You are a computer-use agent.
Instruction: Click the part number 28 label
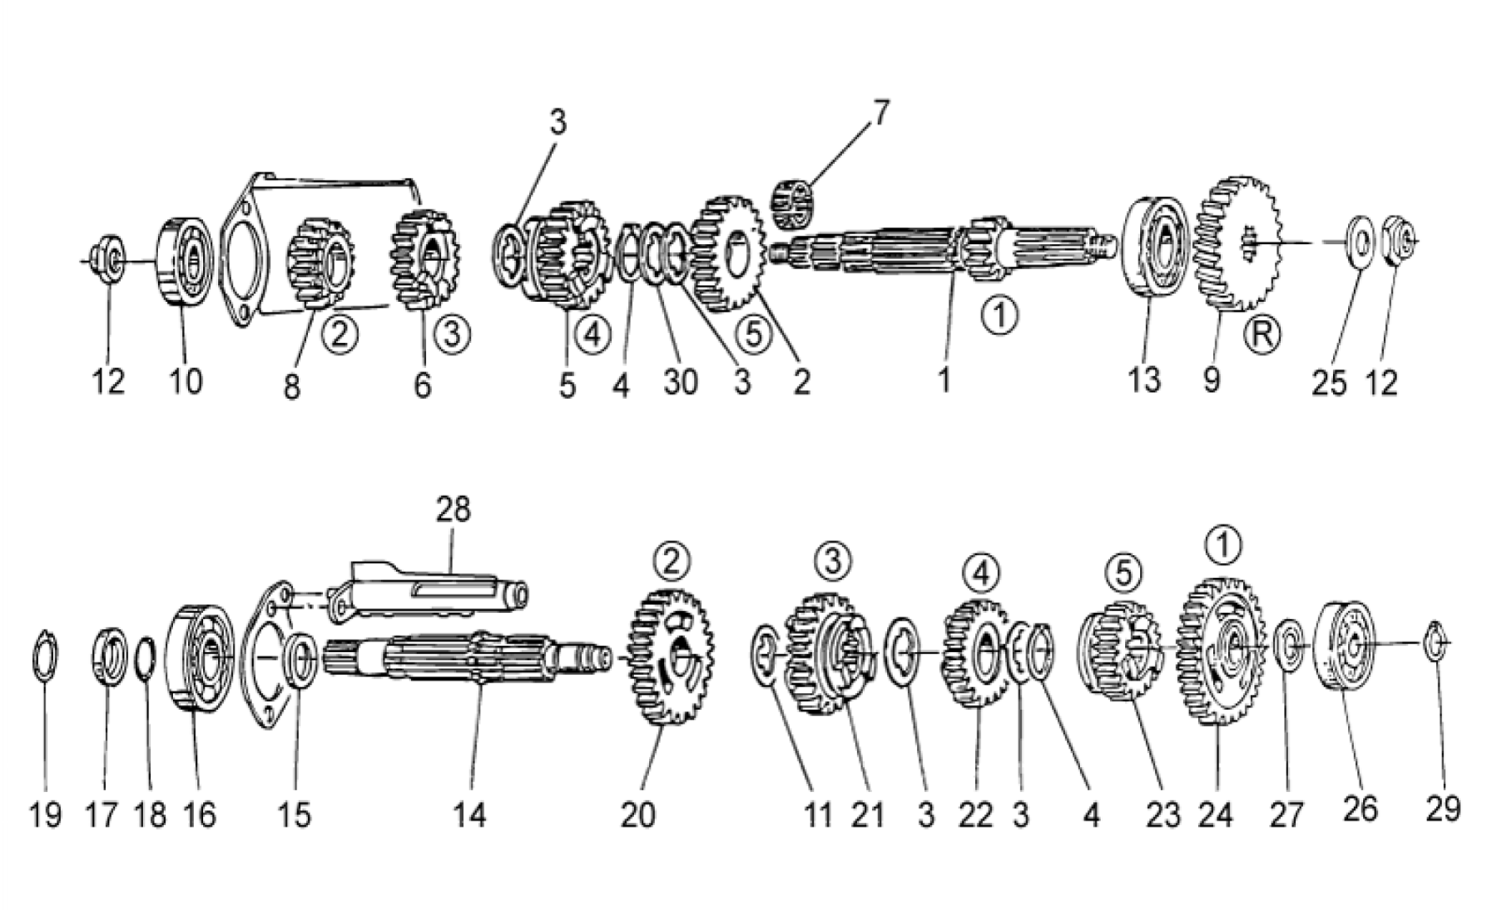click(x=454, y=509)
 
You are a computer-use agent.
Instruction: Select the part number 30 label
click(x=680, y=382)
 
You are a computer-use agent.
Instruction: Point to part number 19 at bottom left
click(x=45, y=815)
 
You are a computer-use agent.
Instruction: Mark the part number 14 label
click(x=468, y=814)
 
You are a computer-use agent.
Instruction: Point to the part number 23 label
click(x=1164, y=815)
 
